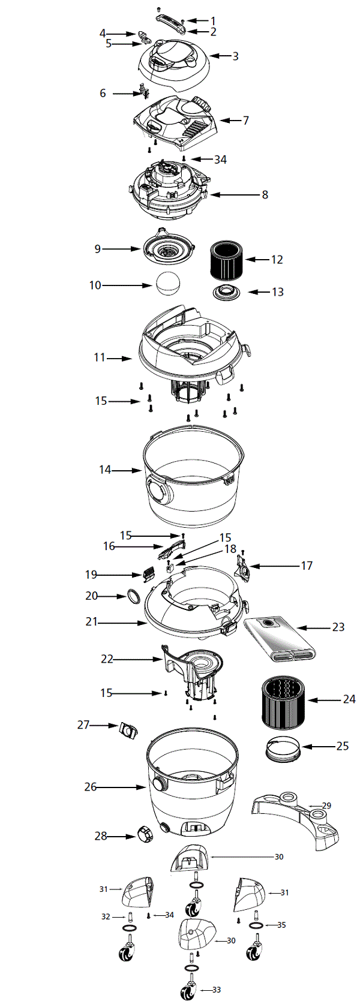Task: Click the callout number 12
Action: point(277,260)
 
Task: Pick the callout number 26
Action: point(90,786)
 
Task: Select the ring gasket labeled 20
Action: point(133,597)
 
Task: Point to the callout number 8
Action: point(265,195)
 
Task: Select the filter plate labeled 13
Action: point(227,293)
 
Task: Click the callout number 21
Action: point(91,622)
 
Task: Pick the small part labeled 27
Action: point(128,730)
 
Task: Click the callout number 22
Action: point(107,659)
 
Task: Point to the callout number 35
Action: point(281,924)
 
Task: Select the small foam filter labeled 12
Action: point(225,259)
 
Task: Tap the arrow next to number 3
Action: point(218,56)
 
